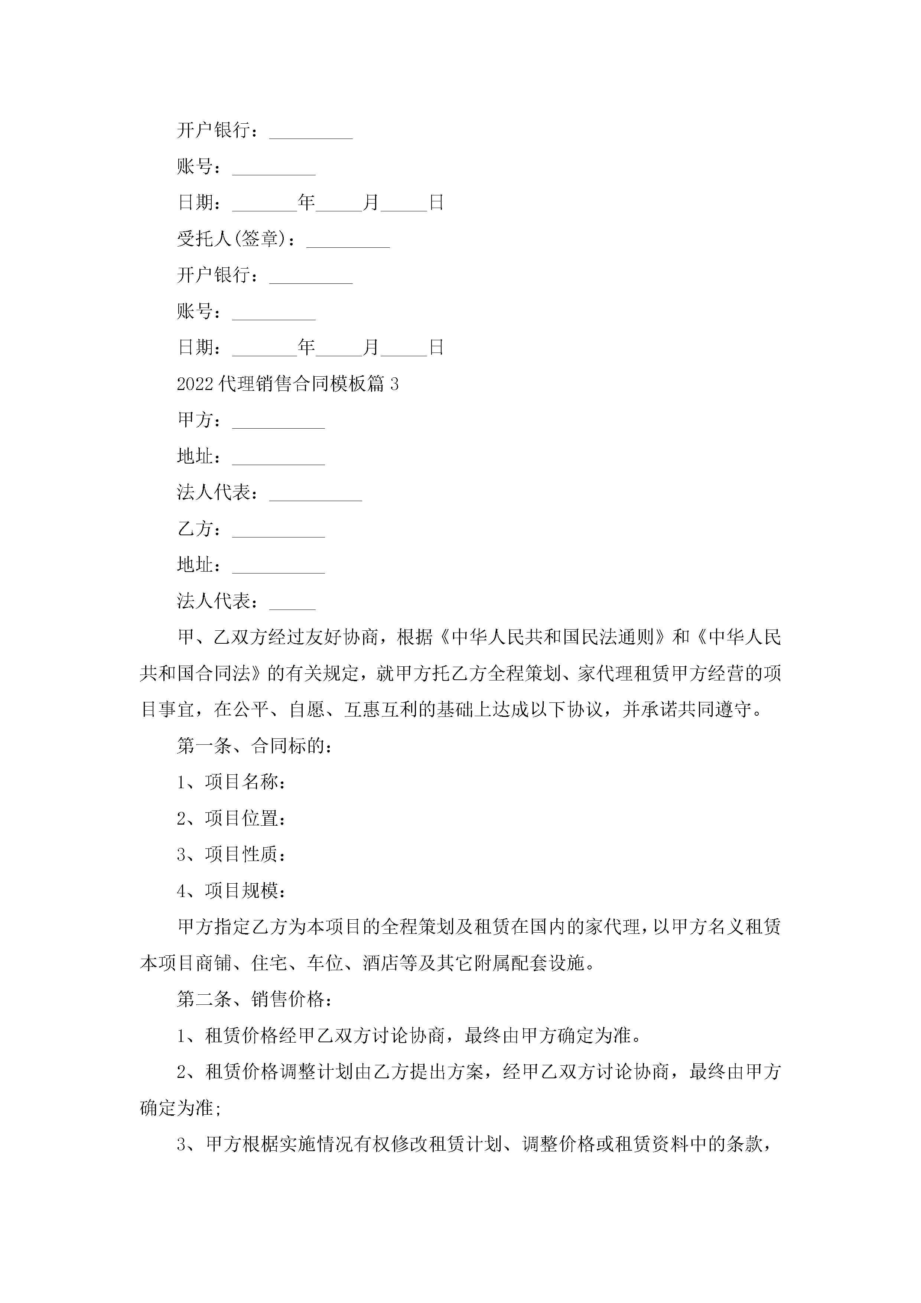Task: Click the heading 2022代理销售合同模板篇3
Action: (288, 384)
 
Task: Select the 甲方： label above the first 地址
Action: (199, 420)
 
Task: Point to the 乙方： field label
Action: (199, 529)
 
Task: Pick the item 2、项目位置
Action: (231, 818)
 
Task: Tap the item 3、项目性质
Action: (231, 855)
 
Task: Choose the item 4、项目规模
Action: (231, 891)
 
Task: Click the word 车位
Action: (325, 963)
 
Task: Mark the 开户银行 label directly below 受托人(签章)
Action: (218, 275)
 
